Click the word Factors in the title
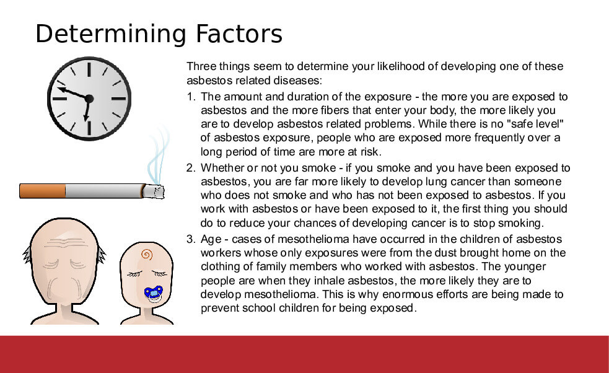tap(239, 33)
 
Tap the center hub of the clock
tap(89, 99)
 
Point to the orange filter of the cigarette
tap(43, 191)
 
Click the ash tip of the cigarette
tap(155, 192)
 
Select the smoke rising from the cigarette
tap(159, 155)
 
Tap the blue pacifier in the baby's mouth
tap(154, 293)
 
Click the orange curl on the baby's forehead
tap(147, 255)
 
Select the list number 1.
tap(191, 97)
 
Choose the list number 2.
tap(191, 168)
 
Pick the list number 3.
tap(191, 239)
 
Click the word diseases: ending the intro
tap(298, 81)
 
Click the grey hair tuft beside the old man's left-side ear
tap(27, 256)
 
